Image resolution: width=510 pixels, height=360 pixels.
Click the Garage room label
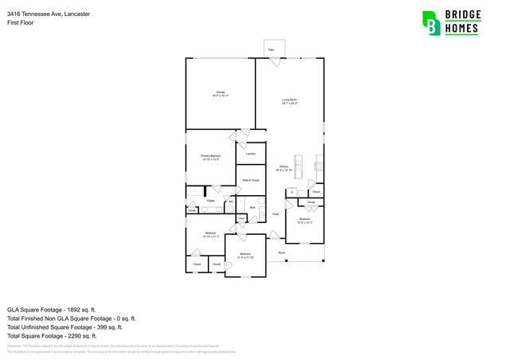220,94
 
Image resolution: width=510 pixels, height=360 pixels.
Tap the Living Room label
289,101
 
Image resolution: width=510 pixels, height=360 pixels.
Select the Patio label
271,50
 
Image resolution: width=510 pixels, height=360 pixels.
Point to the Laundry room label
250,153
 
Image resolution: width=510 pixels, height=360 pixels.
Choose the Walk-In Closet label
251,181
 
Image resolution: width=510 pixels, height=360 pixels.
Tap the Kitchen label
284,167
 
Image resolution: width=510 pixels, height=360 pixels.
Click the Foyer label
276,214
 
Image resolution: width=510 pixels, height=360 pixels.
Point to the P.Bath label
210,201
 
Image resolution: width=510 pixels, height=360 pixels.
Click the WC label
230,202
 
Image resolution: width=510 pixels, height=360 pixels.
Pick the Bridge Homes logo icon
431,22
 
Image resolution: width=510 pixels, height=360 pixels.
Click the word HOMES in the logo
462,29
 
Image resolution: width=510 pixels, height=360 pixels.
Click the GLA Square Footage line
51,309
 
